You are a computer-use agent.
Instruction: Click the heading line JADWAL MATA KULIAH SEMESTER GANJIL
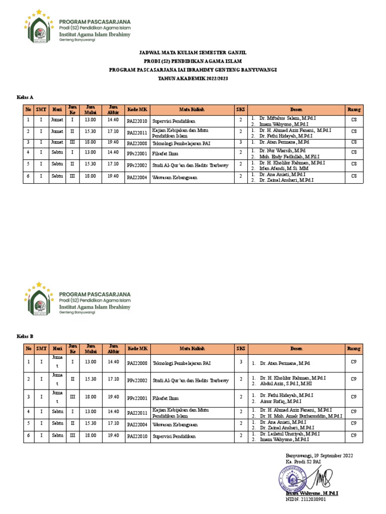coord(192,52)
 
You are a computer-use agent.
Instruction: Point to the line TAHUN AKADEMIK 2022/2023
coord(192,78)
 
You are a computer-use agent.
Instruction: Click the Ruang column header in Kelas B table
coord(353,348)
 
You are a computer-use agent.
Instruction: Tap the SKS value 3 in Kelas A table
coord(241,143)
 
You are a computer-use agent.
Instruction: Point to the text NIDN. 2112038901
coord(306,499)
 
